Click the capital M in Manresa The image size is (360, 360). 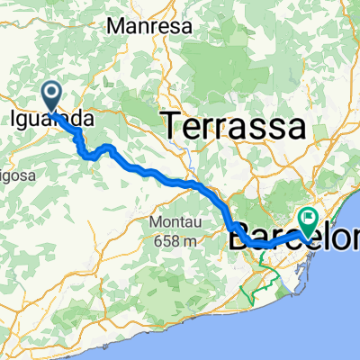click(112, 27)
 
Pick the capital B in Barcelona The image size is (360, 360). click(238, 241)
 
